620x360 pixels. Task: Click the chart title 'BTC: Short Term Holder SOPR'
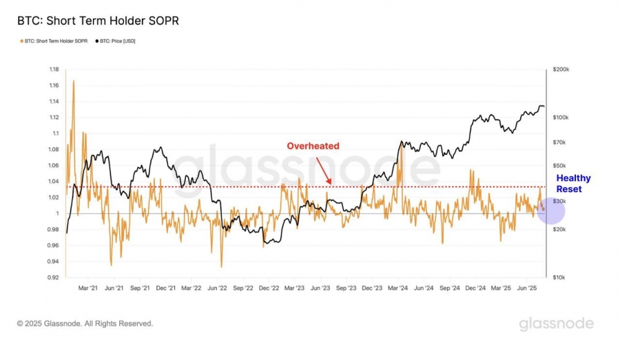(98, 21)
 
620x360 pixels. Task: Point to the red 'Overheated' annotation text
(313, 146)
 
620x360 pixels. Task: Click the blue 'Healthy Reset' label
(574, 184)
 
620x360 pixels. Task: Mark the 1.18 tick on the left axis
(53, 70)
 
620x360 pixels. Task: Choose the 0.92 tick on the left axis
(53, 277)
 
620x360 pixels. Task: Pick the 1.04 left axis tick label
(53, 181)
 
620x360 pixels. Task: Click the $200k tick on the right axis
(560, 70)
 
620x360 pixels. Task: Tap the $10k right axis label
(559, 277)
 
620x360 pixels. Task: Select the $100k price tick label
(560, 118)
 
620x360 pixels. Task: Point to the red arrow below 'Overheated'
(324, 169)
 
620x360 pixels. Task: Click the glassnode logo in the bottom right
(556, 323)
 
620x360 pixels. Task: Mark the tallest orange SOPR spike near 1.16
(73, 81)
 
